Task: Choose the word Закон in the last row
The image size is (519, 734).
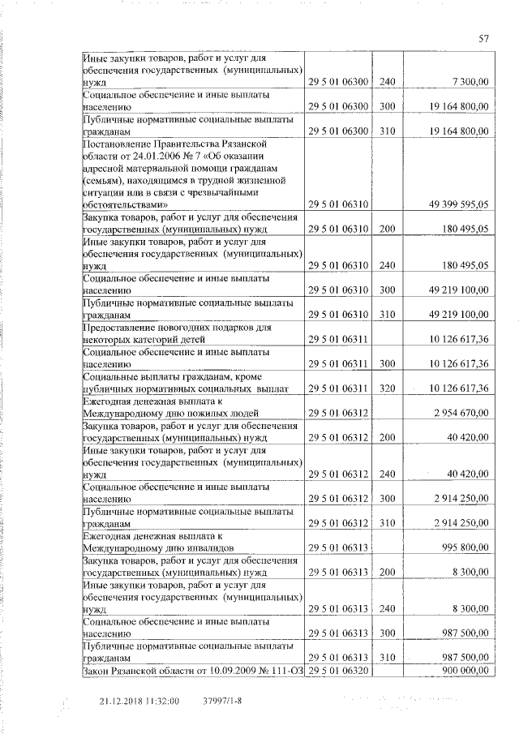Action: [98, 672]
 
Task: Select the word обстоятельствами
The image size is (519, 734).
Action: [126, 207]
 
